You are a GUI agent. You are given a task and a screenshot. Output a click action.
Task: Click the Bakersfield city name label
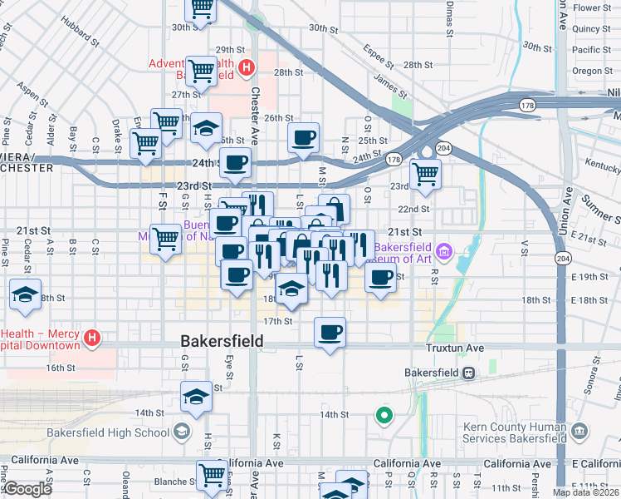[222, 341]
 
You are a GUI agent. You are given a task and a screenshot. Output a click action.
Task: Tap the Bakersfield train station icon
[469, 373]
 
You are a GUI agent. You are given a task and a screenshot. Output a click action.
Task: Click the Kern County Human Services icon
[579, 431]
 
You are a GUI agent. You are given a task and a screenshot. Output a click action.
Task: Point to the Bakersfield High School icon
[181, 431]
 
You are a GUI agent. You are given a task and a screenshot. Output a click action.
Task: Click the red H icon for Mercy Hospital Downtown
[93, 339]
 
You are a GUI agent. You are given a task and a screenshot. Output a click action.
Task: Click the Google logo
[27, 489]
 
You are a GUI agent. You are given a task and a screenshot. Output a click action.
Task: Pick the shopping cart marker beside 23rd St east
[425, 174]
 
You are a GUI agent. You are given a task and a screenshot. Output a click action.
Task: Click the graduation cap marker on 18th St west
[26, 294]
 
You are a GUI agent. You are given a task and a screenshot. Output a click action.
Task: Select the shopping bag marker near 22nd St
[334, 208]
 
